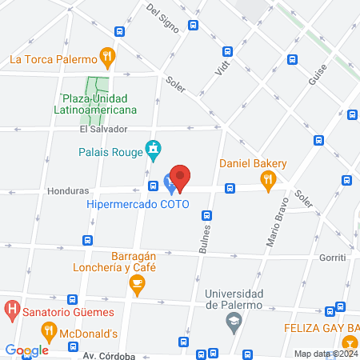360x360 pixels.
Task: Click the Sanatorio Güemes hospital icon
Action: click(x=12, y=308)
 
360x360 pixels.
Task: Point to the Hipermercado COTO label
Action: click(x=138, y=205)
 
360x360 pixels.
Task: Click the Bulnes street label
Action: click(x=203, y=238)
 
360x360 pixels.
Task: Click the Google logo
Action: click(x=26, y=350)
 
